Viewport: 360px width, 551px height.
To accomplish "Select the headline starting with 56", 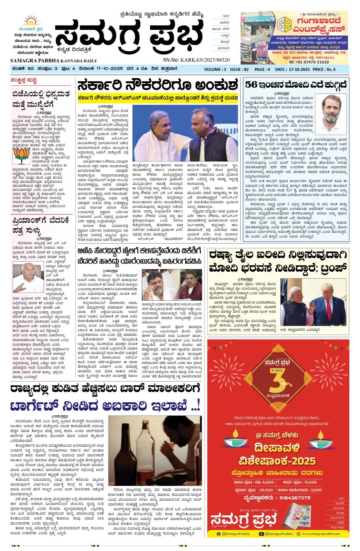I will pos(296,85).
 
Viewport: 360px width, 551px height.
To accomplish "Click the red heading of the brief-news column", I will pos(24,81).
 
